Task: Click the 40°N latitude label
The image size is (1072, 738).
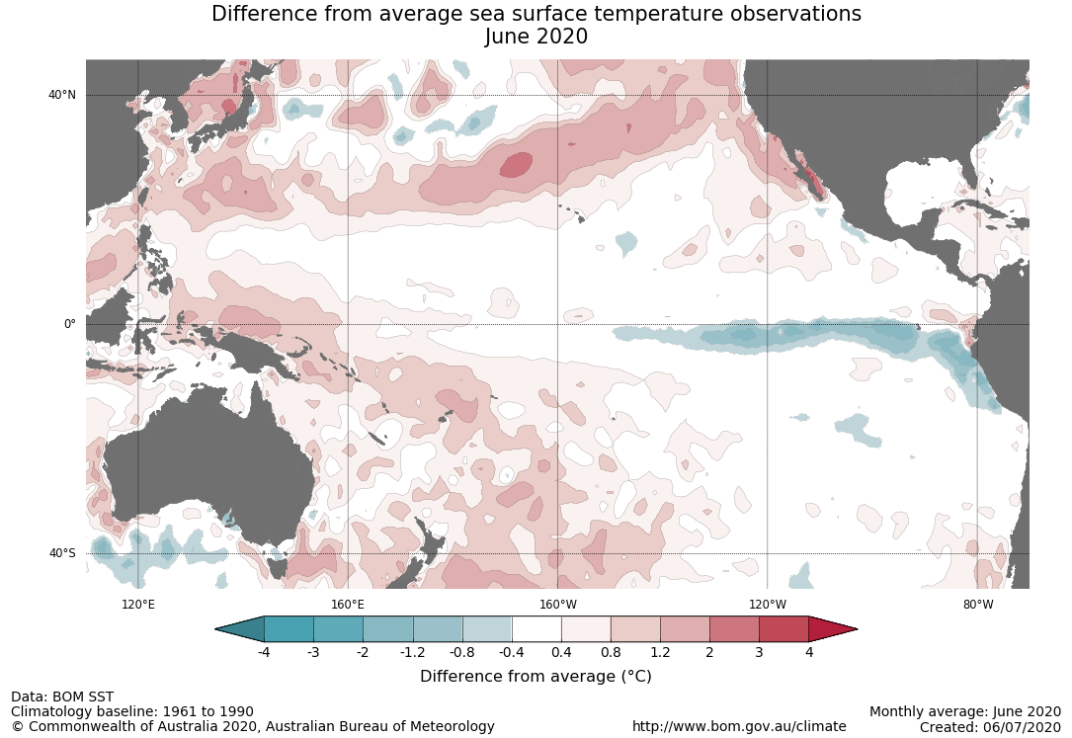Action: (x=61, y=95)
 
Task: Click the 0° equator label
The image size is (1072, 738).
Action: (x=69, y=324)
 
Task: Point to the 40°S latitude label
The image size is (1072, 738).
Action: (x=61, y=553)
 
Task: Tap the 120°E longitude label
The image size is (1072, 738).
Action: (x=137, y=605)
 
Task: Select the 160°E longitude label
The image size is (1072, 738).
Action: (x=348, y=605)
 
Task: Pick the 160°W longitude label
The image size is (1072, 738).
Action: (x=557, y=605)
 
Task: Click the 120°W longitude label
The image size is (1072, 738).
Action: (x=768, y=605)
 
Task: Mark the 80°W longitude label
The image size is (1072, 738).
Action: (x=978, y=605)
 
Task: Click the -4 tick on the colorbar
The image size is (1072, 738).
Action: (x=264, y=652)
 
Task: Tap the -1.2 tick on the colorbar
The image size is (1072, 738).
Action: (x=412, y=652)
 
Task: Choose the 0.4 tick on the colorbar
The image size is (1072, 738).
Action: (x=561, y=652)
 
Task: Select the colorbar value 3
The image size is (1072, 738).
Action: (x=759, y=652)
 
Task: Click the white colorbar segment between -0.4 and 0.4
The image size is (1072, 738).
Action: (x=536, y=629)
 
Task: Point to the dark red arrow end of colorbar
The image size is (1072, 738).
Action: (x=831, y=629)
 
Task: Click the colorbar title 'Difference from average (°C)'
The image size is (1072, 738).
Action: (x=536, y=677)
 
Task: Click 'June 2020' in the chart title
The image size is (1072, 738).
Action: (x=536, y=37)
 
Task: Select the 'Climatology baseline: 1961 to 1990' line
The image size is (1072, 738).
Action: (x=132, y=711)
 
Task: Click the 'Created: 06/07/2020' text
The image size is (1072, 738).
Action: (x=990, y=727)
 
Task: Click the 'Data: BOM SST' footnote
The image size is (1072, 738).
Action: (x=62, y=697)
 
